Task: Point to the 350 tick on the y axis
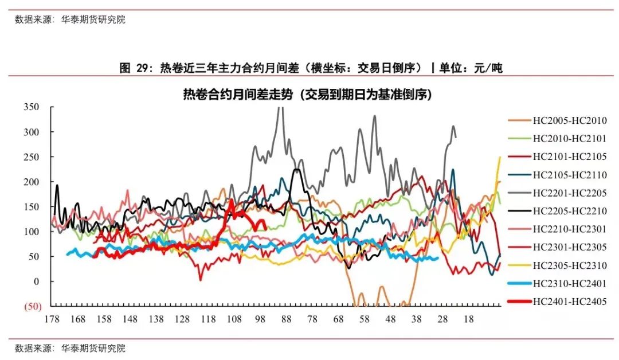click(31, 107)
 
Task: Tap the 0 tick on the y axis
click(36, 281)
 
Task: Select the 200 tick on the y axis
click(31, 182)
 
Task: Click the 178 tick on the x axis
click(51, 319)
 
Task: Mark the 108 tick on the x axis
click(234, 319)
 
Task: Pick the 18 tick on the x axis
click(468, 319)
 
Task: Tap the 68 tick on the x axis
click(338, 319)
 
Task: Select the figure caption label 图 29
click(134, 68)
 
